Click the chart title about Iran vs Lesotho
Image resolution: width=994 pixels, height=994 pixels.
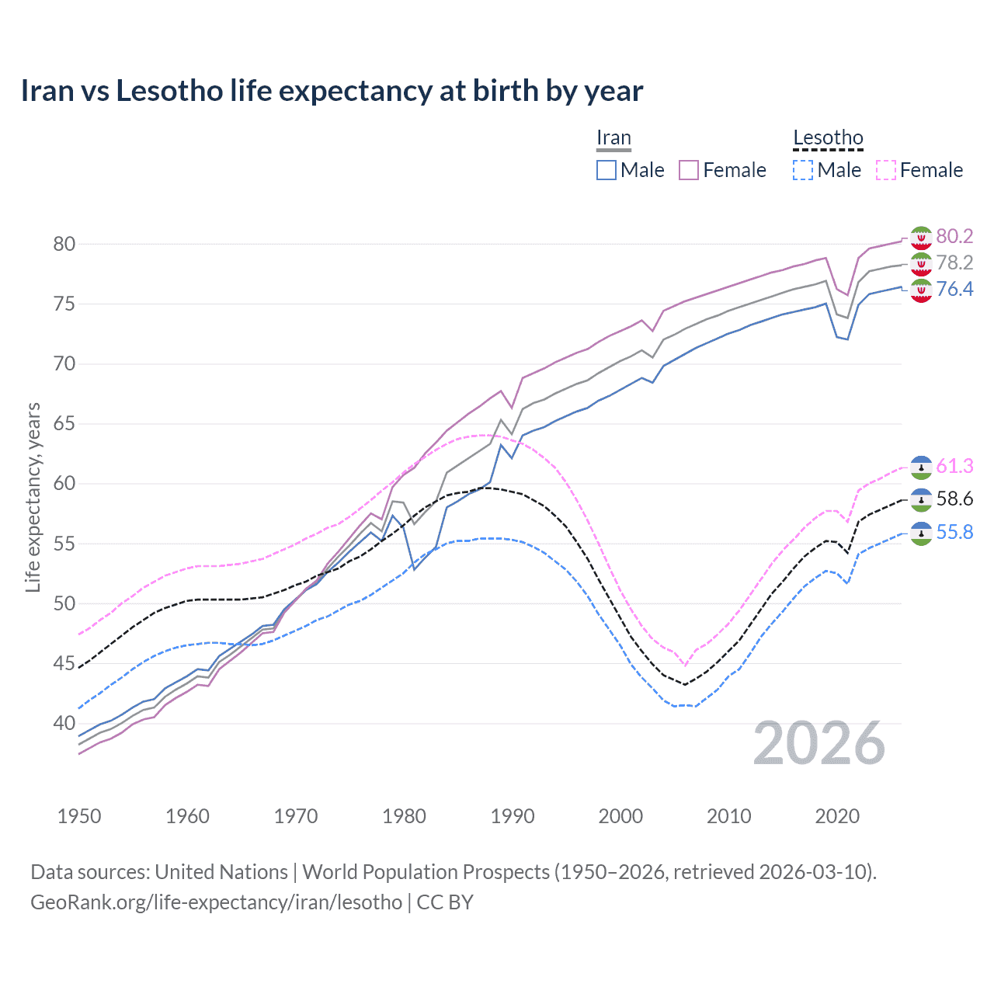[332, 91]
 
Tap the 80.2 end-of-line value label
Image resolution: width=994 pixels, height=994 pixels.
[954, 236]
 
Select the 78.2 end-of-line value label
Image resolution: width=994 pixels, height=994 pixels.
[954, 262]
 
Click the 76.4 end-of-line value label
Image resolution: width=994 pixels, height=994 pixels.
[954, 289]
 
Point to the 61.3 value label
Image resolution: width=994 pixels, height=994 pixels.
[954, 466]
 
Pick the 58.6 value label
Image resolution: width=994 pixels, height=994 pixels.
[954, 499]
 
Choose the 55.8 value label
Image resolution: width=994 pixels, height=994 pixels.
[954, 532]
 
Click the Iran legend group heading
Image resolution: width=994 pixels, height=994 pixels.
[613, 138]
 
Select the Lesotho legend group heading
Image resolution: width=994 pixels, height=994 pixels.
[828, 138]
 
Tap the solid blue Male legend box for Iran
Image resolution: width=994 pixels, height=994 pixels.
[606, 170]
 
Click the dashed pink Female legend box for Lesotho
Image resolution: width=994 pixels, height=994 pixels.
[886, 170]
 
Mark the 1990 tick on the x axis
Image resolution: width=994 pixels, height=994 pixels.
[513, 816]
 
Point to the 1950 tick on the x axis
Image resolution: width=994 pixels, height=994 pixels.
[79, 816]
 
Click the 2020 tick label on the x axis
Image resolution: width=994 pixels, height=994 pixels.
[837, 816]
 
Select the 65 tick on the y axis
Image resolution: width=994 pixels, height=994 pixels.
[64, 424]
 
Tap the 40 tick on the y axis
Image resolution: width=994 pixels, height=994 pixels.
[64, 724]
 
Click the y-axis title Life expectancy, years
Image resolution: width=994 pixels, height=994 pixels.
[33, 497]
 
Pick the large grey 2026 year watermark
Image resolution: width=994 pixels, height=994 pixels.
[819, 744]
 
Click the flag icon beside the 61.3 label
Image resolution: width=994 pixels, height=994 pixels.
[921, 466]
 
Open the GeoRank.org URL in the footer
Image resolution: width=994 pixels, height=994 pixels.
[216, 902]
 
